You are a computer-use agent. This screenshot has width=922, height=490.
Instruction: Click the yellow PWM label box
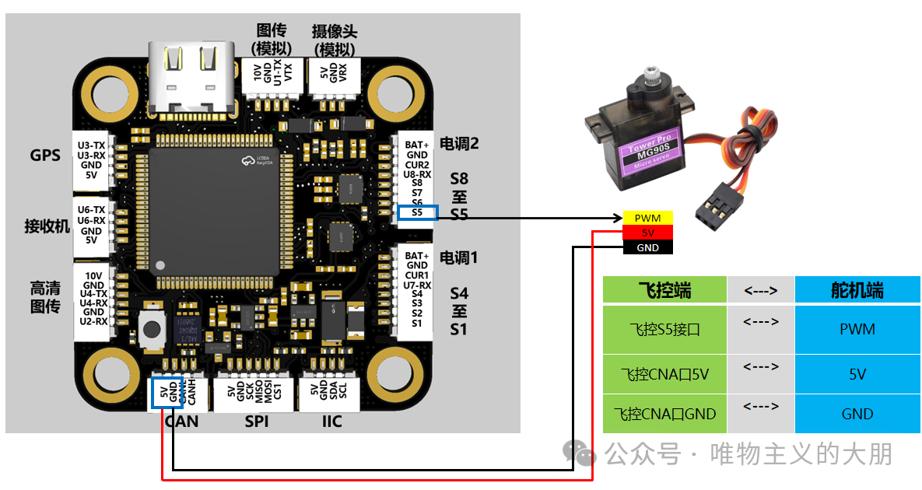pyautogui.click(x=647, y=219)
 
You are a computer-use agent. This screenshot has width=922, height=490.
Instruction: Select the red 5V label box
pyautogui.click(x=647, y=233)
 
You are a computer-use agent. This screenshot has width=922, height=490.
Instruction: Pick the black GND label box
pyautogui.click(x=647, y=248)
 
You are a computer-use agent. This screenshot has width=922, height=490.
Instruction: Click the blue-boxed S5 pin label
pyautogui.click(x=418, y=212)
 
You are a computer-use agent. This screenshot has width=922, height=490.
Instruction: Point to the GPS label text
pyautogui.click(x=45, y=156)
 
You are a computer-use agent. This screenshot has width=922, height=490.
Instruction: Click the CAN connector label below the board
pyautogui.click(x=181, y=422)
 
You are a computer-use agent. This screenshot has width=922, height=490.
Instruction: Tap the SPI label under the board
pyautogui.click(x=256, y=422)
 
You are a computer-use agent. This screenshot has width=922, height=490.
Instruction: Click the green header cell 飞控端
pyautogui.click(x=664, y=291)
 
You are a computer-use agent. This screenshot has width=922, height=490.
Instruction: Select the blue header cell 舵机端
pyautogui.click(x=857, y=291)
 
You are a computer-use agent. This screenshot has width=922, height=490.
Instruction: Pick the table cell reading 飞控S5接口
pyautogui.click(x=664, y=330)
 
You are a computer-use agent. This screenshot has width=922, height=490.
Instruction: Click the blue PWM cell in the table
pyautogui.click(x=857, y=330)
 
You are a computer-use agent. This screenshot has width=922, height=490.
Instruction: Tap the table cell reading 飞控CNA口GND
pyautogui.click(x=664, y=414)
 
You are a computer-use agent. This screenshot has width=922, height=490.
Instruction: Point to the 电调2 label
pyautogui.click(x=459, y=144)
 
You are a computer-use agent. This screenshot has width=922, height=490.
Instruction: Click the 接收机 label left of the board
pyautogui.click(x=47, y=226)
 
